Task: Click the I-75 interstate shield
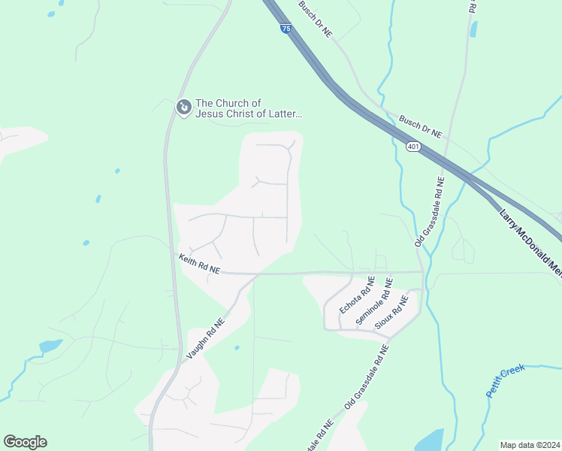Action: (x=286, y=28)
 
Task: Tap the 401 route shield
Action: (x=413, y=147)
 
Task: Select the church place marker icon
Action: (x=183, y=108)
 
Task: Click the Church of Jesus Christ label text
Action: (x=248, y=109)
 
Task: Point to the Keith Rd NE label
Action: (x=199, y=264)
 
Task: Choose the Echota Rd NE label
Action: (x=357, y=295)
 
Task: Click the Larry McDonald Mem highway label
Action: (x=530, y=241)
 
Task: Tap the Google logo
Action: (x=25, y=442)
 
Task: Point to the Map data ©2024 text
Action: (x=530, y=444)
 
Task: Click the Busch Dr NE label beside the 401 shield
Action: (x=421, y=126)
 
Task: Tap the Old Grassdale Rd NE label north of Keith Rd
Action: (x=430, y=212)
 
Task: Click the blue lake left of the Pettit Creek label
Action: (x=428, y=440)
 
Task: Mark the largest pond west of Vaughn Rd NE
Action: (x=50, y=347)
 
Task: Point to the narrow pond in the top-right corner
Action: (x=473, y=29)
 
